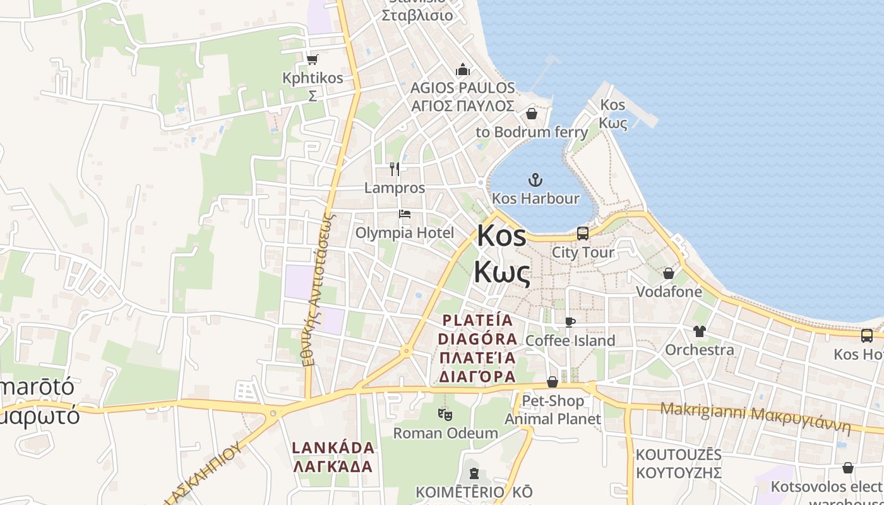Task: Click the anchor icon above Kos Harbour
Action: click(x=535, y=181)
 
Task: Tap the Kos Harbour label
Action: click(x=535, y=198)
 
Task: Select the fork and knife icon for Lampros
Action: click(x=395, y=169)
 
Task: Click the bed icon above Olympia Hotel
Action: click(x=405, y=214)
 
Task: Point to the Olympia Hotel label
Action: click(x=405, y=233)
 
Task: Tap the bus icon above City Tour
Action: click(x=583, y=234)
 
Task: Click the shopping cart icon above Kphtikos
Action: click(x=312, y=59)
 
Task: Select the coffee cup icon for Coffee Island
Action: click(x=570, y=323)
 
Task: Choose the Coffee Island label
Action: click(x=570, y=341)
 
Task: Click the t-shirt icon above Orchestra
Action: click(x=699, y=331)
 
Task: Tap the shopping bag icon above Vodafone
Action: click(x=669, y=273)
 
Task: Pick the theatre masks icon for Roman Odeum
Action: click(x=445, y=415)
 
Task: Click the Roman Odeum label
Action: click(x=445, y=433)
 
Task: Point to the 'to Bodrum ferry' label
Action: click(x=532, y=132)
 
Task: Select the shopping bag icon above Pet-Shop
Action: click(x=552, y=382)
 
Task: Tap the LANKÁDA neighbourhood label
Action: click(x=333, y=448)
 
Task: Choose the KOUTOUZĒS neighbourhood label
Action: click(x=678, y=455)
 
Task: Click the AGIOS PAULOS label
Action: click(x=463, y=88)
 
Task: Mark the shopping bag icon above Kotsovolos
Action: click(x=848, y=468)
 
